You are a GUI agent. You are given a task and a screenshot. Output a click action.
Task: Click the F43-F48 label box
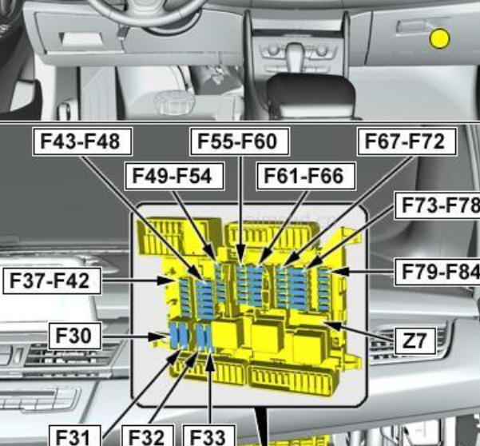(x=82, y=141)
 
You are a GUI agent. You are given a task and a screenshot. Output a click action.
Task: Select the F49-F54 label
(x=174, y=176)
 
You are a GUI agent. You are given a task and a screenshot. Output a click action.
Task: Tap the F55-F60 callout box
(x=240, y=141)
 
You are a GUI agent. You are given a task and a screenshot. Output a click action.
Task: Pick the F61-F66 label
(x=306, y=176)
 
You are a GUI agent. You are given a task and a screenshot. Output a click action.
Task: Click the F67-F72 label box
(x=407, y=141)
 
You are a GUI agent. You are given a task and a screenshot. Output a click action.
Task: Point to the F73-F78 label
(x=438, y=205)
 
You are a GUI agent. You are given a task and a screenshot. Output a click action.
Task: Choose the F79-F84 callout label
(x=438, y=272)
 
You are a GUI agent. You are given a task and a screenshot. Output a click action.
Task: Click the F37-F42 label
(x=52, y=281)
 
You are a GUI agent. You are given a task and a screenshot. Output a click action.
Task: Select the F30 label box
(x=75, y=336)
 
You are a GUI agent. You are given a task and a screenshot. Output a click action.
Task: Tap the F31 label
(x=75, y=436)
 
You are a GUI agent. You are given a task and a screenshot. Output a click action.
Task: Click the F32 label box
(x=148, y=436)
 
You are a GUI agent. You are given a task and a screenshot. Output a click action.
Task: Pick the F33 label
(x=209, y=436)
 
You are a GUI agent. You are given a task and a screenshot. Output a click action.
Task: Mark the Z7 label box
(x=415, y=341)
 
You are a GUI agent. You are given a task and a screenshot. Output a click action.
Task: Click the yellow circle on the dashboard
(x=439, y=38)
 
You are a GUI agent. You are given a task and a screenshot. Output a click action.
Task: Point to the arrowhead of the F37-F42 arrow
(x=169, y=281)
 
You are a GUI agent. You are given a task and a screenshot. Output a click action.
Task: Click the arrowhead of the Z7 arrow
(x=332, y=325)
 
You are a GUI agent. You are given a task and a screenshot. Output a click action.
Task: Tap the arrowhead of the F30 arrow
(x=158, y=337)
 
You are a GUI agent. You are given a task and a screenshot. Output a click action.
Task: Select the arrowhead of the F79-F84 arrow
(x=339, y=272)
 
